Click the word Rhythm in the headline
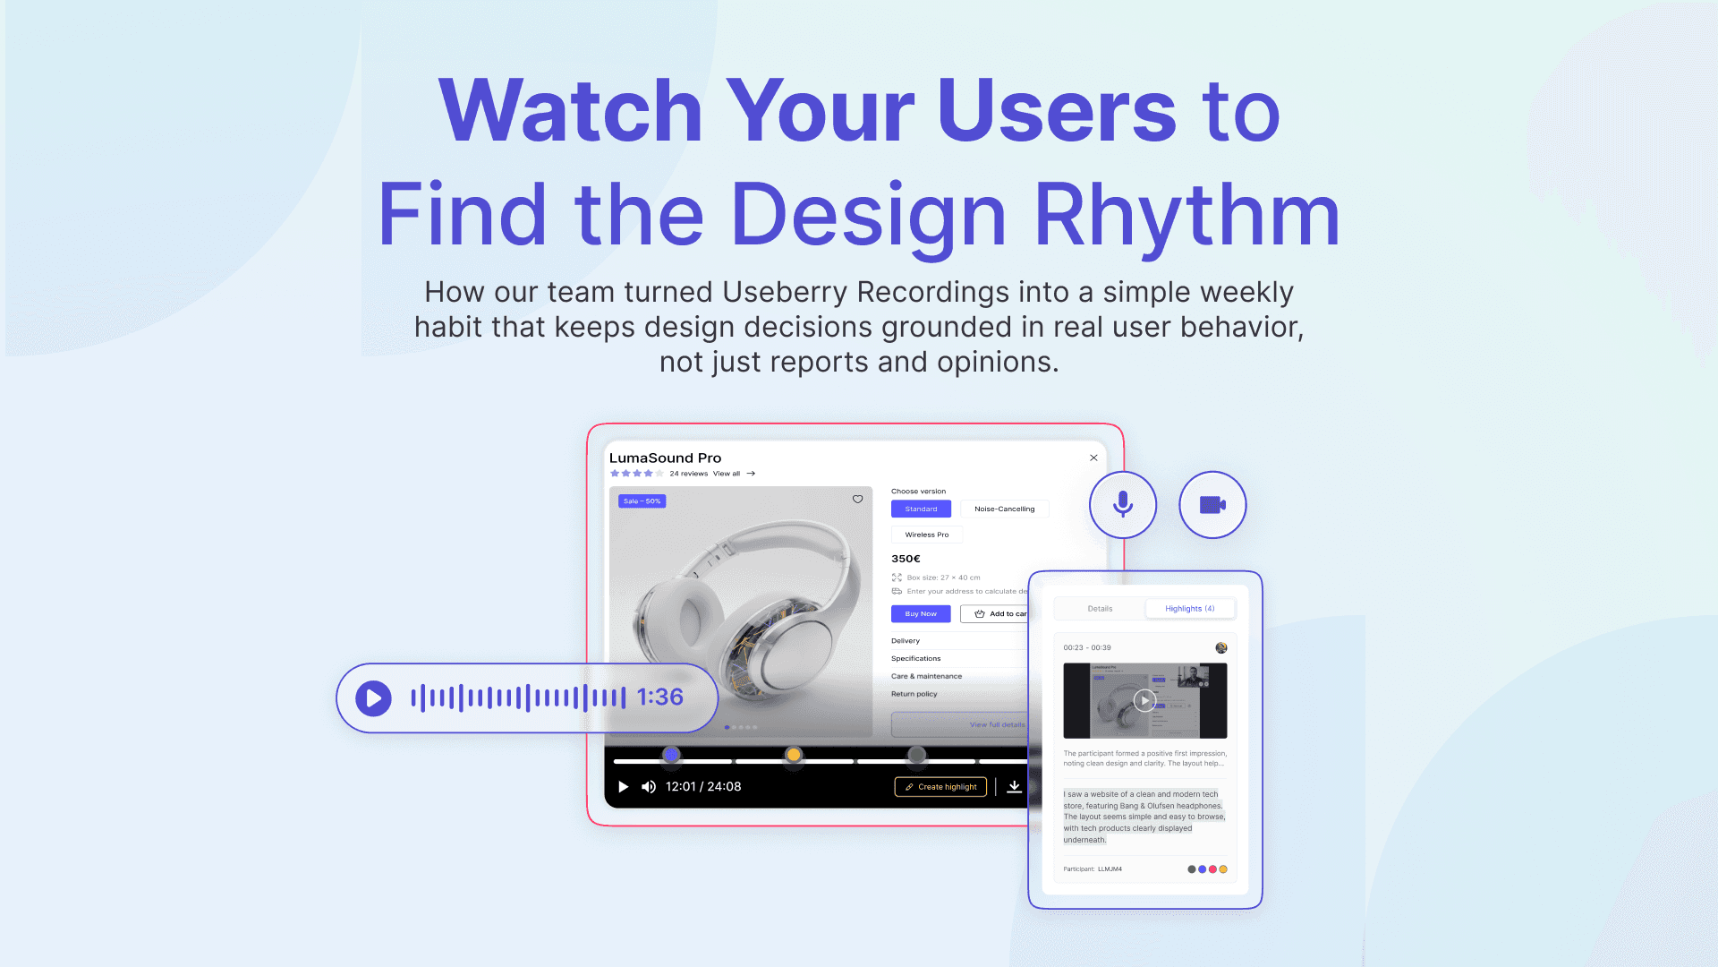(x=1186, y=215)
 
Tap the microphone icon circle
(x=1122, y=505)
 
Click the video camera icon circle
(x=1212, y=505)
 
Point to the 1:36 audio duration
(x=659, y=697)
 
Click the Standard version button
(x=921, y=509)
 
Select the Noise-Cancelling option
(x=1004, y=509)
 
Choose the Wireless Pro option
(x=926, y=535)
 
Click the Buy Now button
(x=921, y=614)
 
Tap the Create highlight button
(x=940, y=787)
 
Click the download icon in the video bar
(x=1014, y=786)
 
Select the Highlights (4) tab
(x=1189, y=609)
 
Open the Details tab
(x=1100, y=609)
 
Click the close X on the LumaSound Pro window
(x=1093, y=458)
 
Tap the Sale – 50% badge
(x=642, y=501)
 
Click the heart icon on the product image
(x=857, y=500)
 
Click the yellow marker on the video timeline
(x=794, y=755)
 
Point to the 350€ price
(x=906, y=559)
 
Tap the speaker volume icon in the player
(x=649, y=787)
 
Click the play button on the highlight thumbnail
(x=1144, y=700)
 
